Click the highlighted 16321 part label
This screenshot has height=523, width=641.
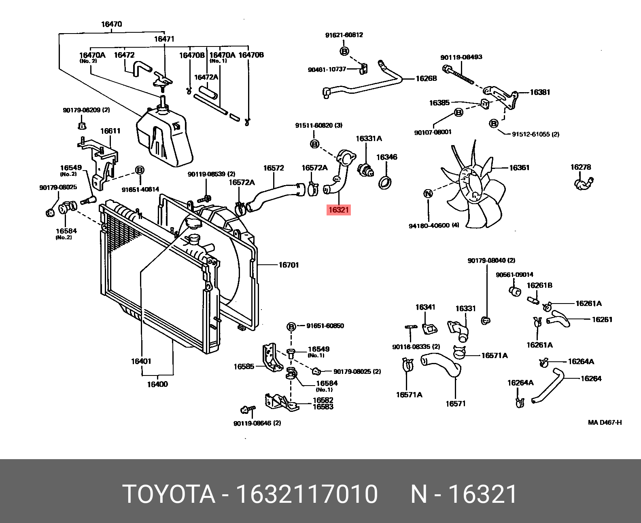click(338, 210)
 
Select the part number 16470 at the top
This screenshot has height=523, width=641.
click(111, 24)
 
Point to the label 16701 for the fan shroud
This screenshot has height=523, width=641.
click(289, 265)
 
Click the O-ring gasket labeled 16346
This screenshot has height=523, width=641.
click(385, 183)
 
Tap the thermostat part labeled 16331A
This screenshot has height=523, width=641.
click(366, 169)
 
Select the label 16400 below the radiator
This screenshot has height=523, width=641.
click(157, 384)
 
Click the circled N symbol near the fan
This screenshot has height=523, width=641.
click(428, 194)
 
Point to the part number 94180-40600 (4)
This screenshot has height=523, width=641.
click(434, 226)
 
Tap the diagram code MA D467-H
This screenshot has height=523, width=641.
click(605, 423)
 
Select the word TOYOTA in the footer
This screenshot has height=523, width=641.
click(169, 494)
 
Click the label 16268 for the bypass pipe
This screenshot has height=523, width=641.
click(426, 78)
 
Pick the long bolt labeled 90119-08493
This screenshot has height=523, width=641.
click(459, 76)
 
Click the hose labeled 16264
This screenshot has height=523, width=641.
click(548, 386)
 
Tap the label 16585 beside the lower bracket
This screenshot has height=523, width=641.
click(244, 367)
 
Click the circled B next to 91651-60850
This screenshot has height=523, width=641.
click(291, 326)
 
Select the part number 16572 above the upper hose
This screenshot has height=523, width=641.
click(274, 168)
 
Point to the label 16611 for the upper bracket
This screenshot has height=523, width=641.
click(110, 131)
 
